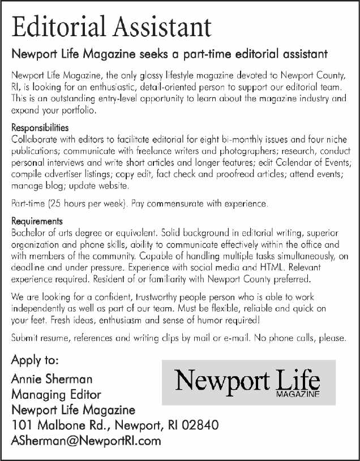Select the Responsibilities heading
tap(40, 128)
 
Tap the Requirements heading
tap(37, 221)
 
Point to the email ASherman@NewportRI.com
tap(86, 441)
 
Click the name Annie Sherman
tap(52, 378)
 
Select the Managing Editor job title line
tap(56, 394)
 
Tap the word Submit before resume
tap(26, 338)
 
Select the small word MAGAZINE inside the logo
tap(298, 394)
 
